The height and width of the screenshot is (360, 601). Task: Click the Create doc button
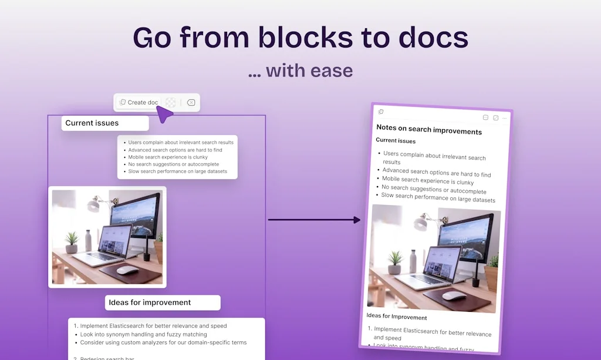(x=139, y=102)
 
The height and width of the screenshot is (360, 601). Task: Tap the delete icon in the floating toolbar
(x=191, y=103)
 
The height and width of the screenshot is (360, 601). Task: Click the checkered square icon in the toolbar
(x=170, y=102)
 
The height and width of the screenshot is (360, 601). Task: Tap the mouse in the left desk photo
(x=127, y=270)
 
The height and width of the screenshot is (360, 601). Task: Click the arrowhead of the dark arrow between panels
(x=357, y=220)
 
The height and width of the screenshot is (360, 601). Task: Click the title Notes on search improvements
(x=429, y=130)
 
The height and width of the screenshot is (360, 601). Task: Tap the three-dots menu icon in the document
(x=505, y=118)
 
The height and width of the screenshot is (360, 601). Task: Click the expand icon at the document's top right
(x=495, y=117)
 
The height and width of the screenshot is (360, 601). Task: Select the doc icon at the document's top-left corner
(x=381, y=112)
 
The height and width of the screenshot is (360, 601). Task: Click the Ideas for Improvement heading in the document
(x=397, y=317)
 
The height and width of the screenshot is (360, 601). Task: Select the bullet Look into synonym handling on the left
(x=143, y=335)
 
